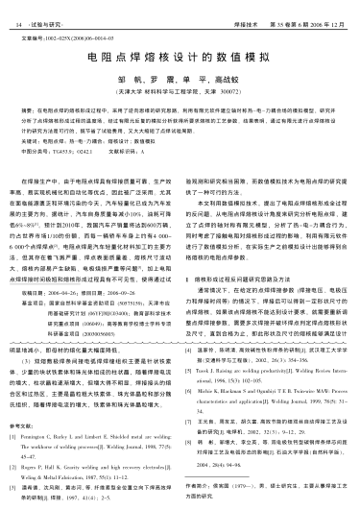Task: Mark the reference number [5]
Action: click(x=190, y=367)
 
